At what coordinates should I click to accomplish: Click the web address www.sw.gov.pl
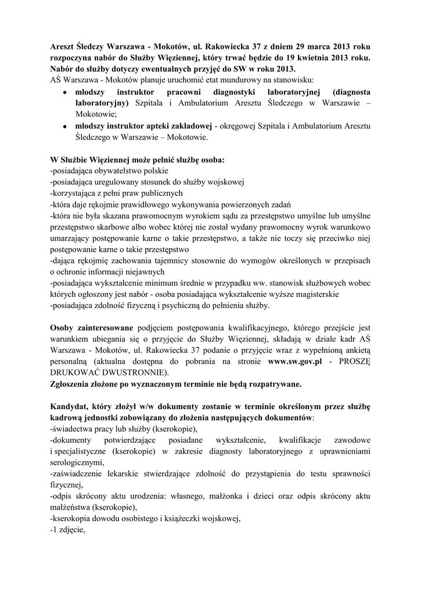point(294,361)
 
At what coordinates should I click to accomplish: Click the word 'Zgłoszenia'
point(75,384)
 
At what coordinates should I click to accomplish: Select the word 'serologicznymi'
point(77,463)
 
